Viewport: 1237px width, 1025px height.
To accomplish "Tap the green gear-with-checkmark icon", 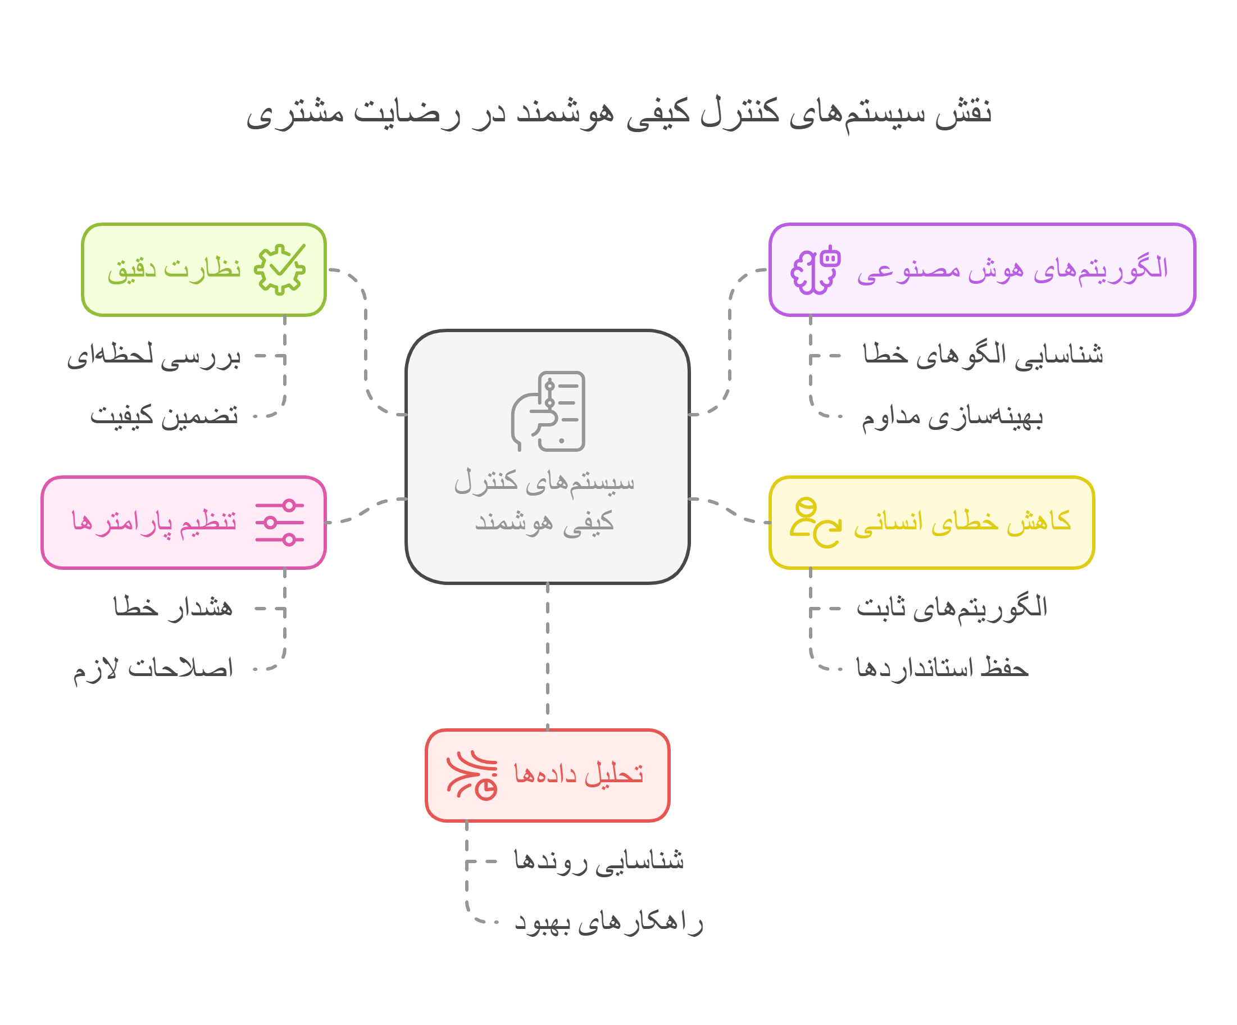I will [280, 269].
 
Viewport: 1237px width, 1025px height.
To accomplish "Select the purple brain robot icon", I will [816, 270].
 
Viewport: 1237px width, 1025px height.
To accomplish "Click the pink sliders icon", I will [280, 523].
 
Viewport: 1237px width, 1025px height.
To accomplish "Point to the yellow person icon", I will [815, 523].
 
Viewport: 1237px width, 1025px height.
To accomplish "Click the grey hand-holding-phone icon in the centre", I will [548, 411].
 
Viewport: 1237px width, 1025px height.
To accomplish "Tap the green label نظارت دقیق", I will [174, 269].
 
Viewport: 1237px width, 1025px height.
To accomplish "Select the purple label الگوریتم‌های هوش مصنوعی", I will [1012, 269].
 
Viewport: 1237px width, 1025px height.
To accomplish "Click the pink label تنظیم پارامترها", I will [154, 523].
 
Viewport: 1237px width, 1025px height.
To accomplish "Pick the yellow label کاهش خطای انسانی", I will [962, 523].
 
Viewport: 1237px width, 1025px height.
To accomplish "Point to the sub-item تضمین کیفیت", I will [165, 416].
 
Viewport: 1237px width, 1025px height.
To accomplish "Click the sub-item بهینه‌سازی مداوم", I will [952, 417].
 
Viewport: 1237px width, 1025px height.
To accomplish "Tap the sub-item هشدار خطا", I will [173, 607].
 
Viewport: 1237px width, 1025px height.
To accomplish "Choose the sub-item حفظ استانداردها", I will [942, 669].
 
